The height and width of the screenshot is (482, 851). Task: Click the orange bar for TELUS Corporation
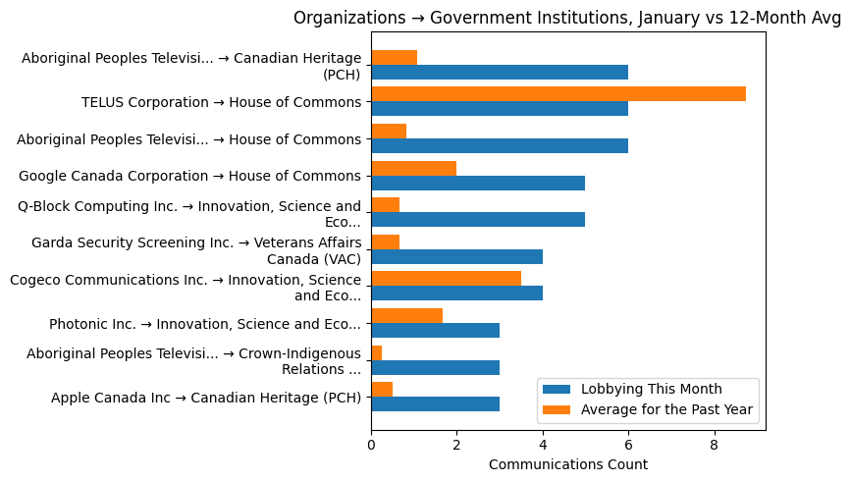[x=558, y=94]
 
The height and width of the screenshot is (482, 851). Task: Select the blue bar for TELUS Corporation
[x=499, y=109]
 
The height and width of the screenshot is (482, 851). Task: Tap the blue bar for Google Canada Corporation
[x=477, y=183]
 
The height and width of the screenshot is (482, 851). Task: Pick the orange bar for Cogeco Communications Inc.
[x=446, y=278]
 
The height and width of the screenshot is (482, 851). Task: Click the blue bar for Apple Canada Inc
[x=435, y=403]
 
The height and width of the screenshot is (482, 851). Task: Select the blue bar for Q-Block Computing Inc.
[x=477, y=219]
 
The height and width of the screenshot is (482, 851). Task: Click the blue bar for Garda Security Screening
[x=456, y=256]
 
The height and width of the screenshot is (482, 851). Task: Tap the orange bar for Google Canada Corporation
[x=413, y=168]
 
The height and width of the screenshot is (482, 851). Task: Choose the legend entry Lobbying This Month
[x=651, y=390]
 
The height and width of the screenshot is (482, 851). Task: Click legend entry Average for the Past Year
[x=666, y=409]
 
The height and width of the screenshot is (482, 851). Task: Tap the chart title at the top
[x=567, y=18]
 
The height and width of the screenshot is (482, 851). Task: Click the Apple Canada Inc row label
[x=206, y=398]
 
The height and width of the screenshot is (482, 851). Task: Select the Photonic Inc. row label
[x=205, y=324]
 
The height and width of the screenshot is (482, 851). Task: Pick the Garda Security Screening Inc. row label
[x=196, y=250]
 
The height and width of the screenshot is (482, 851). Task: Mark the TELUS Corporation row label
[x=221, y=102]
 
